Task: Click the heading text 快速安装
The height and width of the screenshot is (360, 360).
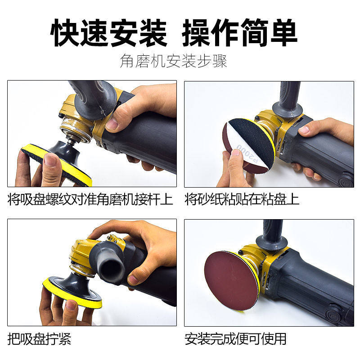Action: [109, 32]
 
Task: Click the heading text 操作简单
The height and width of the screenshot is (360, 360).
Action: [239, 32]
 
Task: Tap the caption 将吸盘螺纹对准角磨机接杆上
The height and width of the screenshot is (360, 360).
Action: [90, 199]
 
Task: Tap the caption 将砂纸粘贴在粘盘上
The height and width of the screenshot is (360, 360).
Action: [242, 199]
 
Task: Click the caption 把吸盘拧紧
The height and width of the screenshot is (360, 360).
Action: [40, 338]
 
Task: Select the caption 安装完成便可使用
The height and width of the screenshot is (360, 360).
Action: [235, 338]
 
